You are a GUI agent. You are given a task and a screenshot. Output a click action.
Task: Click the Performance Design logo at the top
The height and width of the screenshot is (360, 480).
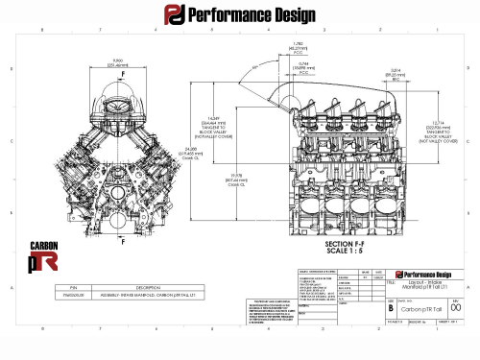[x=240, y=16]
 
